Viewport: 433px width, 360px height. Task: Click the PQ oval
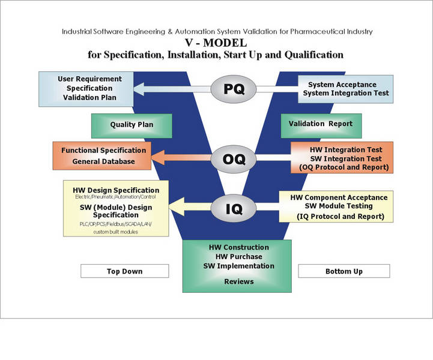coord(234,89)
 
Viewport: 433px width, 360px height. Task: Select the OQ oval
coord(234,159)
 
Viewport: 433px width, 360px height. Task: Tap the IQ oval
coord(234,208)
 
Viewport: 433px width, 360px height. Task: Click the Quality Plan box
coord(132,126)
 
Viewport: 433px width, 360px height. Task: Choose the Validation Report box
coord(321,126)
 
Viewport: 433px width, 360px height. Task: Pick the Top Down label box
coord(124,271)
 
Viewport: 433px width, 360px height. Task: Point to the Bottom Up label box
coord(344,271)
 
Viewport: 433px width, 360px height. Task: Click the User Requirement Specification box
coord(86,89)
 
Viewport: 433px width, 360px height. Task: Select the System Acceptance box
coord(345,89)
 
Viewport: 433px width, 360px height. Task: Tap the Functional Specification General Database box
coord(102,156)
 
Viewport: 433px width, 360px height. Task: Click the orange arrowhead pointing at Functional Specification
coord(158,158)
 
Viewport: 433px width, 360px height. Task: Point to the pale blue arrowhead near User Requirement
coord(139,89)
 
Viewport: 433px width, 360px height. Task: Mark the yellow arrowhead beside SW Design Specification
coord(177,206)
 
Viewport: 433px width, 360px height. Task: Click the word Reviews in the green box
coord(239,281)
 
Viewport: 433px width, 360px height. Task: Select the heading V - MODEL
coord(216,43)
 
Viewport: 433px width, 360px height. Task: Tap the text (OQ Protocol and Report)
coord(344,167)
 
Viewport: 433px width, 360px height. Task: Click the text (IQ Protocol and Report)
coord(341,217)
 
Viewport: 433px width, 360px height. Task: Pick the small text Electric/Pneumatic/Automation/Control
coord(115,197)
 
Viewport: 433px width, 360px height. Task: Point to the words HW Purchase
coord(239,257)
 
